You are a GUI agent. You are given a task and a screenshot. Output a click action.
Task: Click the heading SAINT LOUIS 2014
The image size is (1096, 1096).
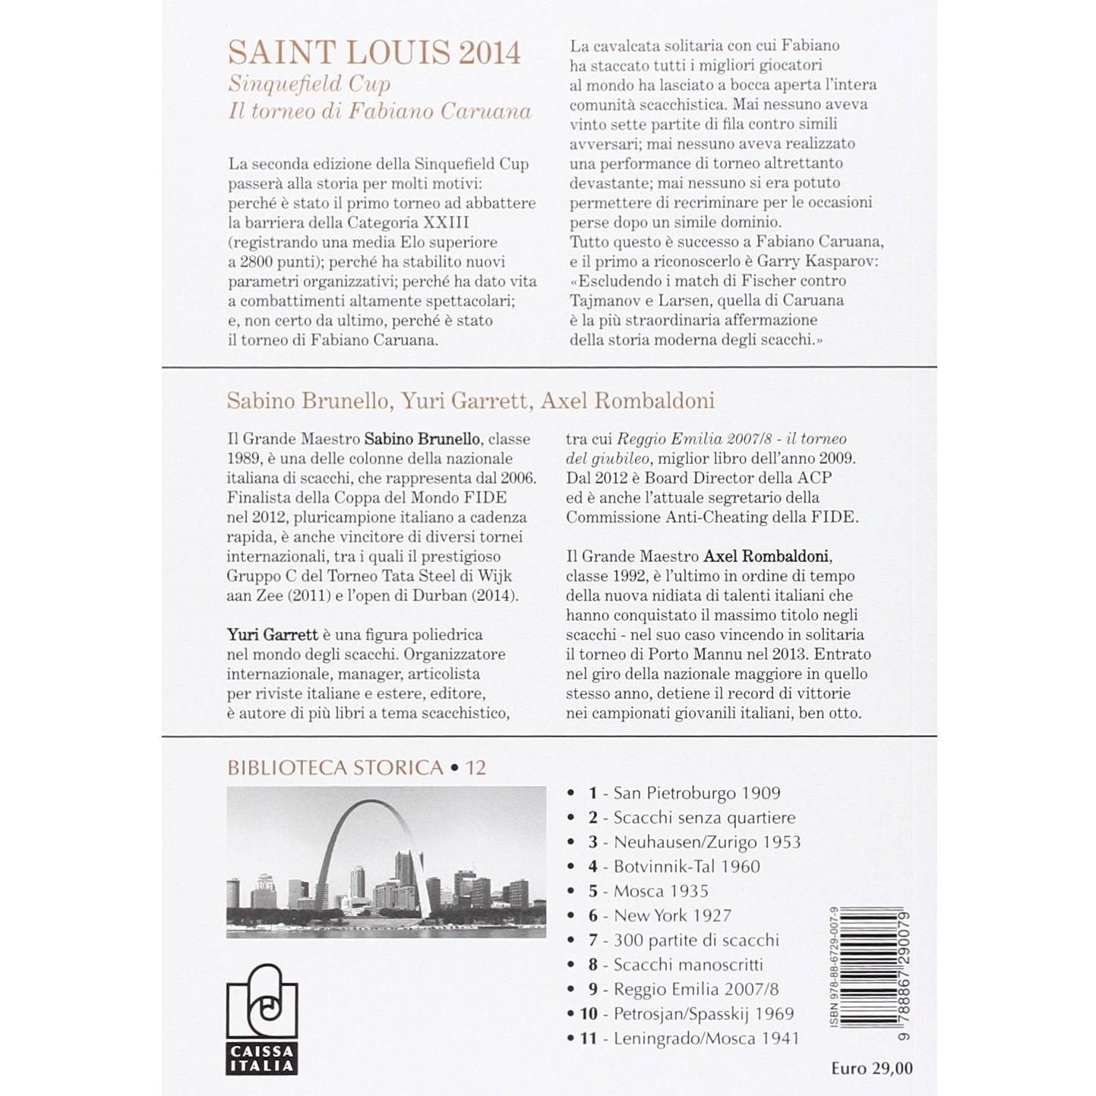374,53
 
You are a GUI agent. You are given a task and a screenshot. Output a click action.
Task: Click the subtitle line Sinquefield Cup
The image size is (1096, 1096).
309,84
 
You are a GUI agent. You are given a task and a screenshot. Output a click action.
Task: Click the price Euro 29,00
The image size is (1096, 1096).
871,1068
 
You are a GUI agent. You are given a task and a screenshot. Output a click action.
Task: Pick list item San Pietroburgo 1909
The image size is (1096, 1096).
696,793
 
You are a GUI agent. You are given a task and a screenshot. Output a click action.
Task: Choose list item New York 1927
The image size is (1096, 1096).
671,916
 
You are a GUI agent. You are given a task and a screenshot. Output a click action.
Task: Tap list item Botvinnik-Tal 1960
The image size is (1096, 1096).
687,867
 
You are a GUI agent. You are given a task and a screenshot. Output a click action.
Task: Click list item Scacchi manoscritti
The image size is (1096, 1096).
688,965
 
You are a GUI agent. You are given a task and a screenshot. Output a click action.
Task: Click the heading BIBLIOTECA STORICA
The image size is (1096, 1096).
335,768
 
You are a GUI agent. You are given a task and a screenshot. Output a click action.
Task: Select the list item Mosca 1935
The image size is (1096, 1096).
661,891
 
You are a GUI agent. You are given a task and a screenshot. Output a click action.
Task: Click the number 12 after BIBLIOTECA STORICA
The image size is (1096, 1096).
475,768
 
